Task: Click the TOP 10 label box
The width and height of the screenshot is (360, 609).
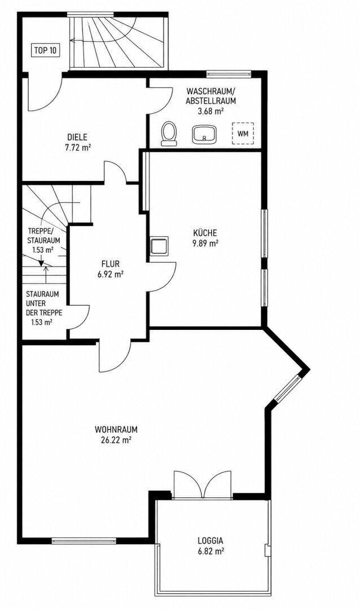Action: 46,50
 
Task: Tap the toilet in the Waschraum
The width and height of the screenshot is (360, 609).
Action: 169,133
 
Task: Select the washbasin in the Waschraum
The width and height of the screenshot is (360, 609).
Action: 203,134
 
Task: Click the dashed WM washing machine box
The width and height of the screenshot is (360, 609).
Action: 243,134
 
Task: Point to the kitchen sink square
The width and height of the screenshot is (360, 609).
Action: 159,245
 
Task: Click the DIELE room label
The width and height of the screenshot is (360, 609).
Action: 77,137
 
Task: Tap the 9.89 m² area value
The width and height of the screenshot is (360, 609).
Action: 205,244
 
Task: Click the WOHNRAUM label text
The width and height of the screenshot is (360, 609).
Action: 116,430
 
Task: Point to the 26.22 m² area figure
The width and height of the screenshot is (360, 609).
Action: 116,440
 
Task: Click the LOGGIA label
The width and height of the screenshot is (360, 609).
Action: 210,540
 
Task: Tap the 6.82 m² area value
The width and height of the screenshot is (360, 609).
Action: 210,551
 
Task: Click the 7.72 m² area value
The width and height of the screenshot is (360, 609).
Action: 78,148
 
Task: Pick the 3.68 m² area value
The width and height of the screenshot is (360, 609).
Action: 211,111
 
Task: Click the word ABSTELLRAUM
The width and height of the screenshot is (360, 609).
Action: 211,101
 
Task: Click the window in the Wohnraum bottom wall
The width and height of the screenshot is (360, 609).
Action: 84,540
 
